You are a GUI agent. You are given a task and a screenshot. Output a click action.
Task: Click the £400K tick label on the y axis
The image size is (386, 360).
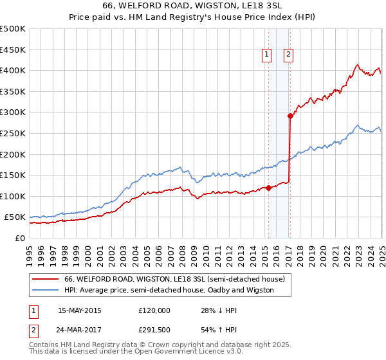[x=12, y=70]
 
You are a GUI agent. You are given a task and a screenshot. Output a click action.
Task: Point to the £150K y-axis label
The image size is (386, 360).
[x=12, y=175]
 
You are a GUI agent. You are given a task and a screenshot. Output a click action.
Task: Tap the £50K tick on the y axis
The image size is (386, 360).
[x=15, y=217]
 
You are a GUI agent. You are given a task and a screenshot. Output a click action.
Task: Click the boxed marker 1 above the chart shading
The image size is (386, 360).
[x=266, y=55]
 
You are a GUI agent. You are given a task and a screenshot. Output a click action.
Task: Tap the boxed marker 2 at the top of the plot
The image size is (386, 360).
[x=288, y=55]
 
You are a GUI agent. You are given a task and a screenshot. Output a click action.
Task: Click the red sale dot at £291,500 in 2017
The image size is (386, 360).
[x=290, y=116]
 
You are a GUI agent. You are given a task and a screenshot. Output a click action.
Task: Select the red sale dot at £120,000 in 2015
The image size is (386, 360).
[x=268, y=188]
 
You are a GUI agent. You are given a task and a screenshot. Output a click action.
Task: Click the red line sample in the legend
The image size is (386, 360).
[x=46, y=279]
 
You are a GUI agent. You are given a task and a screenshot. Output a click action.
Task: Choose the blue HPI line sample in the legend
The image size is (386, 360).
[x=46, y=290]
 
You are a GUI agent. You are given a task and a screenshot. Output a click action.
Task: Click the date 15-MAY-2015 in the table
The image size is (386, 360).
[x=80, y=310]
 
